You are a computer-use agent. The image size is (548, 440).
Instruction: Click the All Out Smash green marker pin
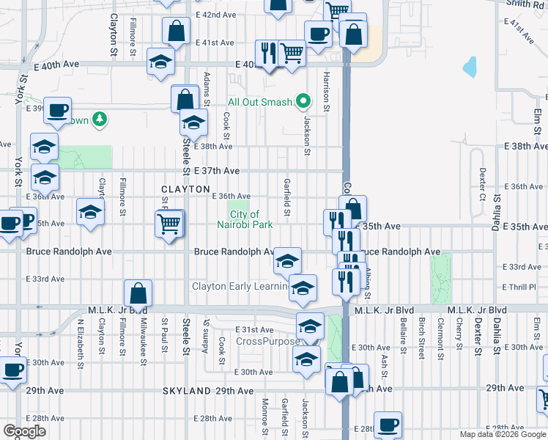pyautogui.click(x=301, y=102)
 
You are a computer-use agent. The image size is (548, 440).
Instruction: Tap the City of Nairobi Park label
pyautogui.click(x=245, y=219)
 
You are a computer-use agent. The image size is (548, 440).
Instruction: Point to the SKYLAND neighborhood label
pyautogui.click(x=187, y=392)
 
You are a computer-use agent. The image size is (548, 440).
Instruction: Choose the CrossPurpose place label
pyautogui.click(x=267, y=342)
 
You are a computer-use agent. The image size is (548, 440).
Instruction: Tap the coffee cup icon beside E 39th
pyautogui.click(x=57, y=111)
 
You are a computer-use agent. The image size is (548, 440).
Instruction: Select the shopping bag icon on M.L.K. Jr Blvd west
pyautogui.click(x=138, y=294)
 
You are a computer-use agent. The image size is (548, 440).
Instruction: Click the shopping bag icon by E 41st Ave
pyautogui.click(x=177, y=32)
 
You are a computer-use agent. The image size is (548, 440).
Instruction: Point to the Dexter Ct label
pyautogui.click(x=482, y=183)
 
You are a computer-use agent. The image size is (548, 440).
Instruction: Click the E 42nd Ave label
pyautogui.click(x=216, y=15)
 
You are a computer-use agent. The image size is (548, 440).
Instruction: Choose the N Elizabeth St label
pyautogui.click(x=80, y=340)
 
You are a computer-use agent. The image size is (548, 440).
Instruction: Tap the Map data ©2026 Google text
pyautogui.click(x=502, y=434)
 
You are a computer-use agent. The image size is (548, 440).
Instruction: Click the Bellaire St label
pyautogui.click(x=402, y=333)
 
